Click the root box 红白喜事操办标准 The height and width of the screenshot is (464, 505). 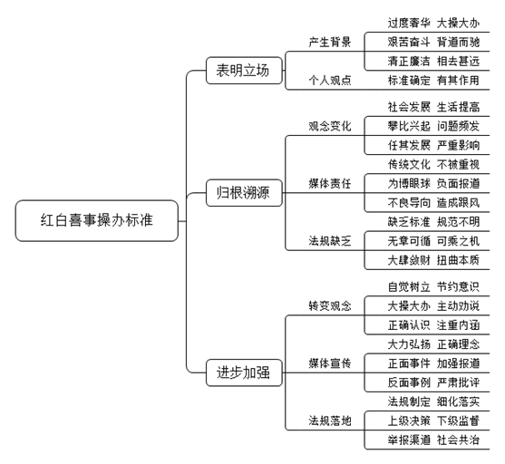[97, 220]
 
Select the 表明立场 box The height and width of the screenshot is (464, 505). [244, 71]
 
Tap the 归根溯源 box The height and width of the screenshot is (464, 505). [244, 193]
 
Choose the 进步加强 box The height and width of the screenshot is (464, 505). [244, 372]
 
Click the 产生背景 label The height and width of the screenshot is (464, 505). [330, 42]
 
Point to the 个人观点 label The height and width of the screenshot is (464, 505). [330, 80]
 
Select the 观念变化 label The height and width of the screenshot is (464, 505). [330, 126]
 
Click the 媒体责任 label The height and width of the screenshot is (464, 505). [330, 184]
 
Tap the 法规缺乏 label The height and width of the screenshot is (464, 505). [330, 241]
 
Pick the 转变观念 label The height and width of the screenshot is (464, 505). [330, 306]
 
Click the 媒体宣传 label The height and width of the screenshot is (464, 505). [330, 363]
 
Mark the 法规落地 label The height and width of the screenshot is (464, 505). [330, 420]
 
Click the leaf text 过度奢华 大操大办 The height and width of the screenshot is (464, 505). [433, 24]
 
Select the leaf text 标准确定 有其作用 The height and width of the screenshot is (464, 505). [433, 80]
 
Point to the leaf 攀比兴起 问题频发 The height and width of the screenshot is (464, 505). [433, 126]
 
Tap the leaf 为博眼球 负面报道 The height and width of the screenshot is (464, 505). [433, 184]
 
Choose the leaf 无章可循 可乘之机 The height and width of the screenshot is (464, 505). [433, 241]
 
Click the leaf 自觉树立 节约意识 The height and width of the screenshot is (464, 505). [433, 286]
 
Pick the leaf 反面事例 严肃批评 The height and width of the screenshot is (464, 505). [433, 382]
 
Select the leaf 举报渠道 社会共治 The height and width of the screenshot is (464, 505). [433, 440]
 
